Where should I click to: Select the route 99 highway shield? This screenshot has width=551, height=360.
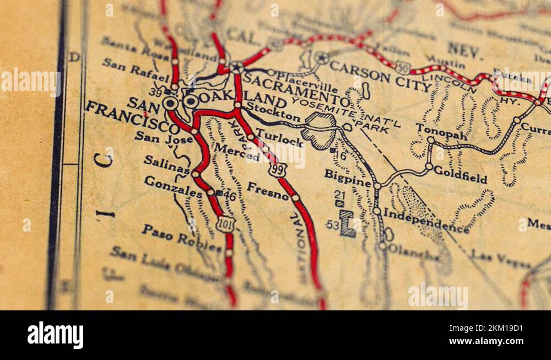click(x=277, y=169)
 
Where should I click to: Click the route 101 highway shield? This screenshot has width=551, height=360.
click(x=225, y=223)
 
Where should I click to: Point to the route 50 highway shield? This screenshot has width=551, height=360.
click(x=403, y=67)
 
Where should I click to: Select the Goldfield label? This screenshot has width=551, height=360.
click(x=460, y=175)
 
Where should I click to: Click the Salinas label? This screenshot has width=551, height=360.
click(x=166, y=164)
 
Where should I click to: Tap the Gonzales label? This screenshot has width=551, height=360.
click(x=172, y=186)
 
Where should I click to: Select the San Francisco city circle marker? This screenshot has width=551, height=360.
click(x=170, y=103)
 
